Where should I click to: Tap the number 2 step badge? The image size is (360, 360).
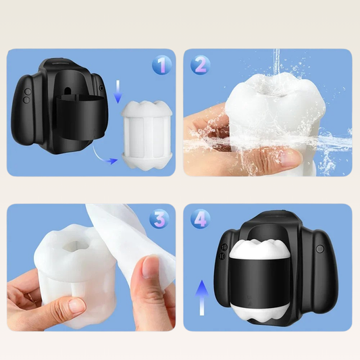tap(200, 65)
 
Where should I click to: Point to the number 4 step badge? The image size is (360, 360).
tap(200, 218)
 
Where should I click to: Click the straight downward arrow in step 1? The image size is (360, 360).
tap(118, 92)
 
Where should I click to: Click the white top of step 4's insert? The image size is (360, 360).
tap(260, 247)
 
